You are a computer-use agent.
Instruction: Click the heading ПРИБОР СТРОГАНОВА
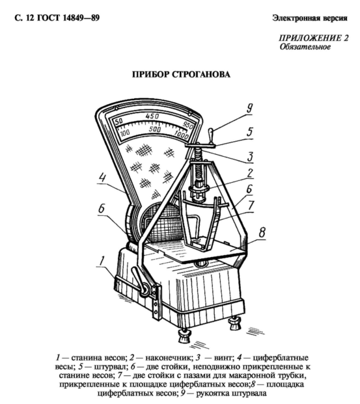pos(181,74)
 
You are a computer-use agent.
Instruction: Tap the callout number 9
pos(249,109)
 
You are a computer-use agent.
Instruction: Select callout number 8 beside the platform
pos(262,232)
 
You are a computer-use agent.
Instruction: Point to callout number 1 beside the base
pos(102,261)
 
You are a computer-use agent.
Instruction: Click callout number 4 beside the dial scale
pos(103,178)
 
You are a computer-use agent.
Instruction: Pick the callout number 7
pos(251,206)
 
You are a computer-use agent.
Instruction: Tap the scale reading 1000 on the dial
pos(181,135)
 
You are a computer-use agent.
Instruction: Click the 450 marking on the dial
pos(152,116)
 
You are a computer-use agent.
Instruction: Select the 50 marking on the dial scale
pos(118,122)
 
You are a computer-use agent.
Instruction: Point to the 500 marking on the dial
pos(155,129)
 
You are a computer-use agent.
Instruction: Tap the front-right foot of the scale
pos(235,323)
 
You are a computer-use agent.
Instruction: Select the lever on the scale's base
pos(141,280)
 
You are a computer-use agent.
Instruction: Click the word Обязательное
pos(305,47)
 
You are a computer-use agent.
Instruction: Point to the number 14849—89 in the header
pos(81,18)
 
